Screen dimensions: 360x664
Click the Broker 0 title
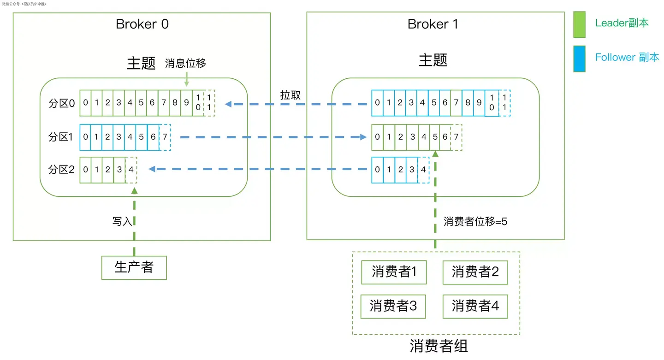point(142,24)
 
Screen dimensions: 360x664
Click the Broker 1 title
point(433,24)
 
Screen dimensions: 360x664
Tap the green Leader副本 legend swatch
point(579,24)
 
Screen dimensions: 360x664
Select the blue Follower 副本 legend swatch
point(579,59)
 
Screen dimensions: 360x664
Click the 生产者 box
point(134,267)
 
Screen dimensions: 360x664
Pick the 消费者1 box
point(394,272)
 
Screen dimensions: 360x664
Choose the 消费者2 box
point(475,272)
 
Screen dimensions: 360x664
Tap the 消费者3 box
point(393,306)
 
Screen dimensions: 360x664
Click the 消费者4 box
point(475,306)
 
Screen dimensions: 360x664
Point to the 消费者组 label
point(439,346)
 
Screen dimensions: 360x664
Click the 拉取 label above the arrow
point(290,95)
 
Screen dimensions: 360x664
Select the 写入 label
point(122,221)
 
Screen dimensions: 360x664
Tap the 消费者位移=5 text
point(475,221)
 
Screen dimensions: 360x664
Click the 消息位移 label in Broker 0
point(185,64)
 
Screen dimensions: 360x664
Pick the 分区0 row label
point(61,103)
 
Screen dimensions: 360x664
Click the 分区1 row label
point(61,137)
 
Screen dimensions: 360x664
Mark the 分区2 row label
point(61,170)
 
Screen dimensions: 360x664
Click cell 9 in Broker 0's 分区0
point(186,103)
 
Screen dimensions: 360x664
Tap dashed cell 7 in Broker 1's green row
point(456,137)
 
